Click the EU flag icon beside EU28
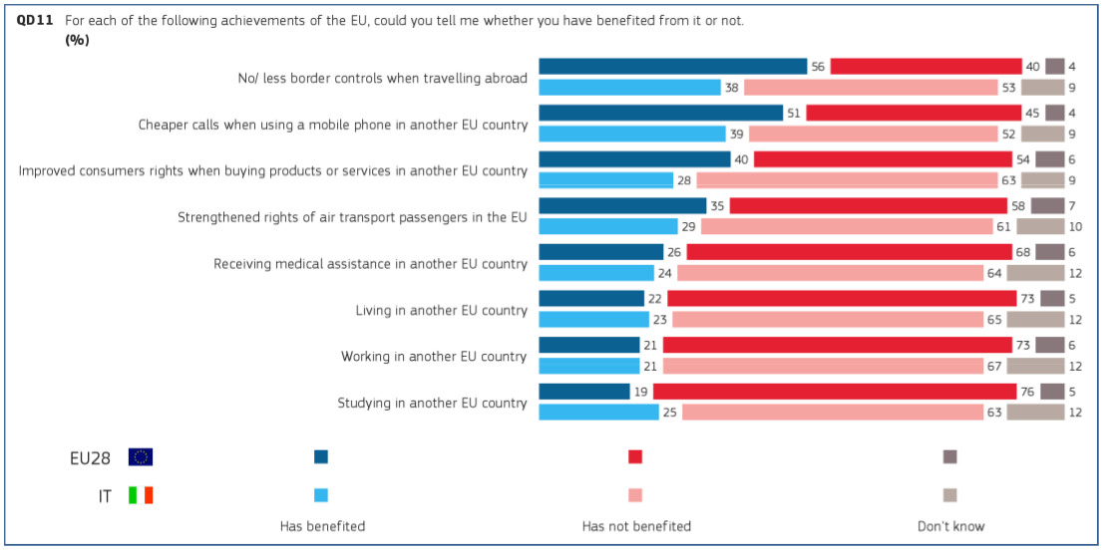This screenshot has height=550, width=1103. (141, 457)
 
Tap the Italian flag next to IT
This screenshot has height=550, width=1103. (141, 495)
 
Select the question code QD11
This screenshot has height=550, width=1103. (35, 20)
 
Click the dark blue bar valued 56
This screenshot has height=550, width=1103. (672, 67)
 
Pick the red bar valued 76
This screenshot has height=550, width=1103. (834, 392)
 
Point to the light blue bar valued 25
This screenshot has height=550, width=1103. (598, 412)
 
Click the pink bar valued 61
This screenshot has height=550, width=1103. (847, 226)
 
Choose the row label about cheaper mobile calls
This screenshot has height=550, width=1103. (332, 125)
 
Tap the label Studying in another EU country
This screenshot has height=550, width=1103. (432, 403)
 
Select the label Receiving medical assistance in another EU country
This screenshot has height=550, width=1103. (370, 264)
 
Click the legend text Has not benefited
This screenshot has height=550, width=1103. (636, 526)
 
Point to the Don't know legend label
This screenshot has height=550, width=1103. (950, 526)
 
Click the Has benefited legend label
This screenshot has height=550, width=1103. (322, 526)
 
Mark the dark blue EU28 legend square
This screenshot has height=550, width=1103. (321, 457)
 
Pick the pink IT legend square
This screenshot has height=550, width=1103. (635, 495)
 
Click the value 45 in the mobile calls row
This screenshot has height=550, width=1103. (1032, 114)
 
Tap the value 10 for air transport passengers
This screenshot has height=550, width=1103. (1075, 226)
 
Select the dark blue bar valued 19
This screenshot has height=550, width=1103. (584, 392)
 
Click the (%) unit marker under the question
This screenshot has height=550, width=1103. (77, 40)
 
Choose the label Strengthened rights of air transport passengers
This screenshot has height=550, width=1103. (352, 217)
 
